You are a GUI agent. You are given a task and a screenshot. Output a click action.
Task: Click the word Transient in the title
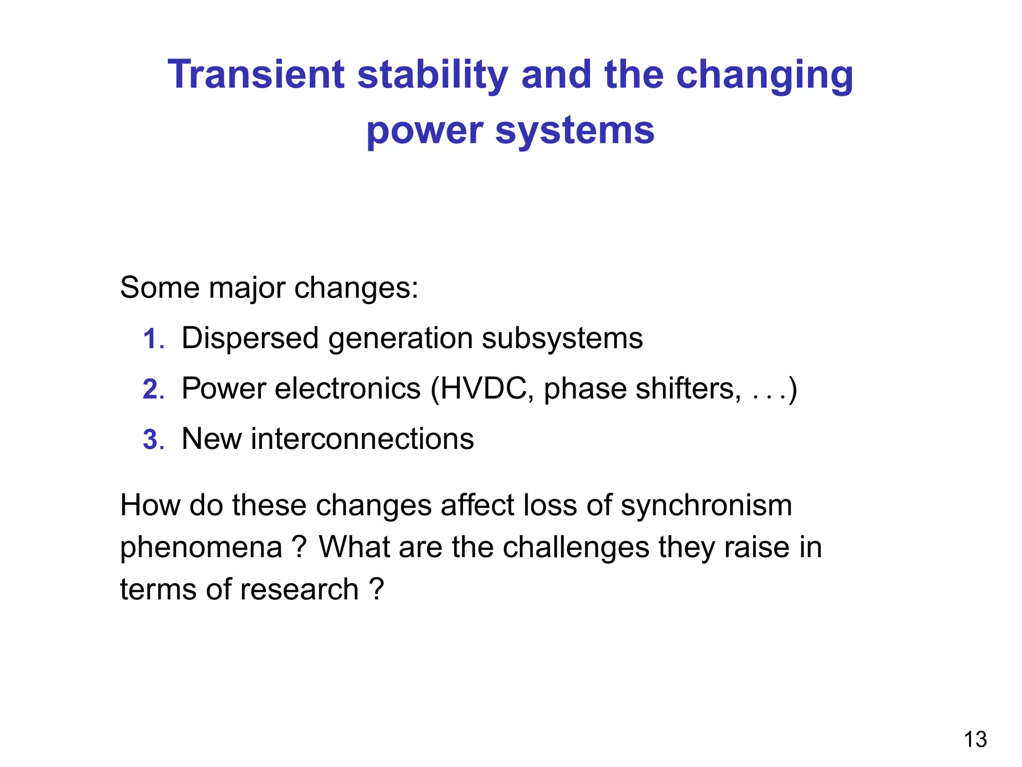pyautogui.click(x=256, y=75)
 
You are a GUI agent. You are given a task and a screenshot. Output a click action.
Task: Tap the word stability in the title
pyautogui.click(x=433, y=75)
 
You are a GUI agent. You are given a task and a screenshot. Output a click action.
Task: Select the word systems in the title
pyautogui.click(x=574, y=131)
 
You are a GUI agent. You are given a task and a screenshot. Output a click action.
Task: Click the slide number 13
pyautogui.click(x=975, y=740)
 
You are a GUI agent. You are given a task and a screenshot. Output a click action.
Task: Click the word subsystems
pyautogui.click(x=562, y=339)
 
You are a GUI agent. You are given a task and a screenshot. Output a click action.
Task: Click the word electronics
pyautogui.click(x=348, y=388)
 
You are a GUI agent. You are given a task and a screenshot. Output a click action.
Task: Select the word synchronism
pyautogui.click(x=706, y=505)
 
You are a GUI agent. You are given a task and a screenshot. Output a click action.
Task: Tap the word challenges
pyautogui.click(x=576, y=547)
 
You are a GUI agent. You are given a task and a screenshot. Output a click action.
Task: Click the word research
pyautogui.click(x=299, y=590)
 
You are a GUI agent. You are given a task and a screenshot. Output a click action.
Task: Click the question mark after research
pyautogui.click(x=377, y=590)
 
